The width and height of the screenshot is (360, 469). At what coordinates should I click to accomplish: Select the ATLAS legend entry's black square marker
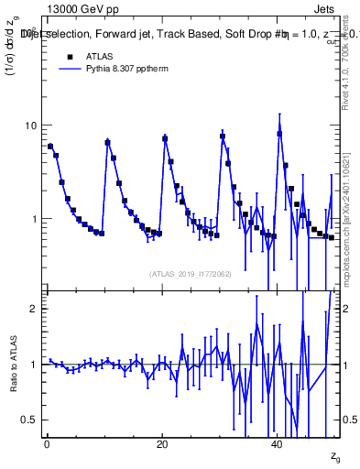[x=68, y=56]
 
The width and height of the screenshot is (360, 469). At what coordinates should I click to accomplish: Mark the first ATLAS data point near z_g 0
[x=50, y=147]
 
